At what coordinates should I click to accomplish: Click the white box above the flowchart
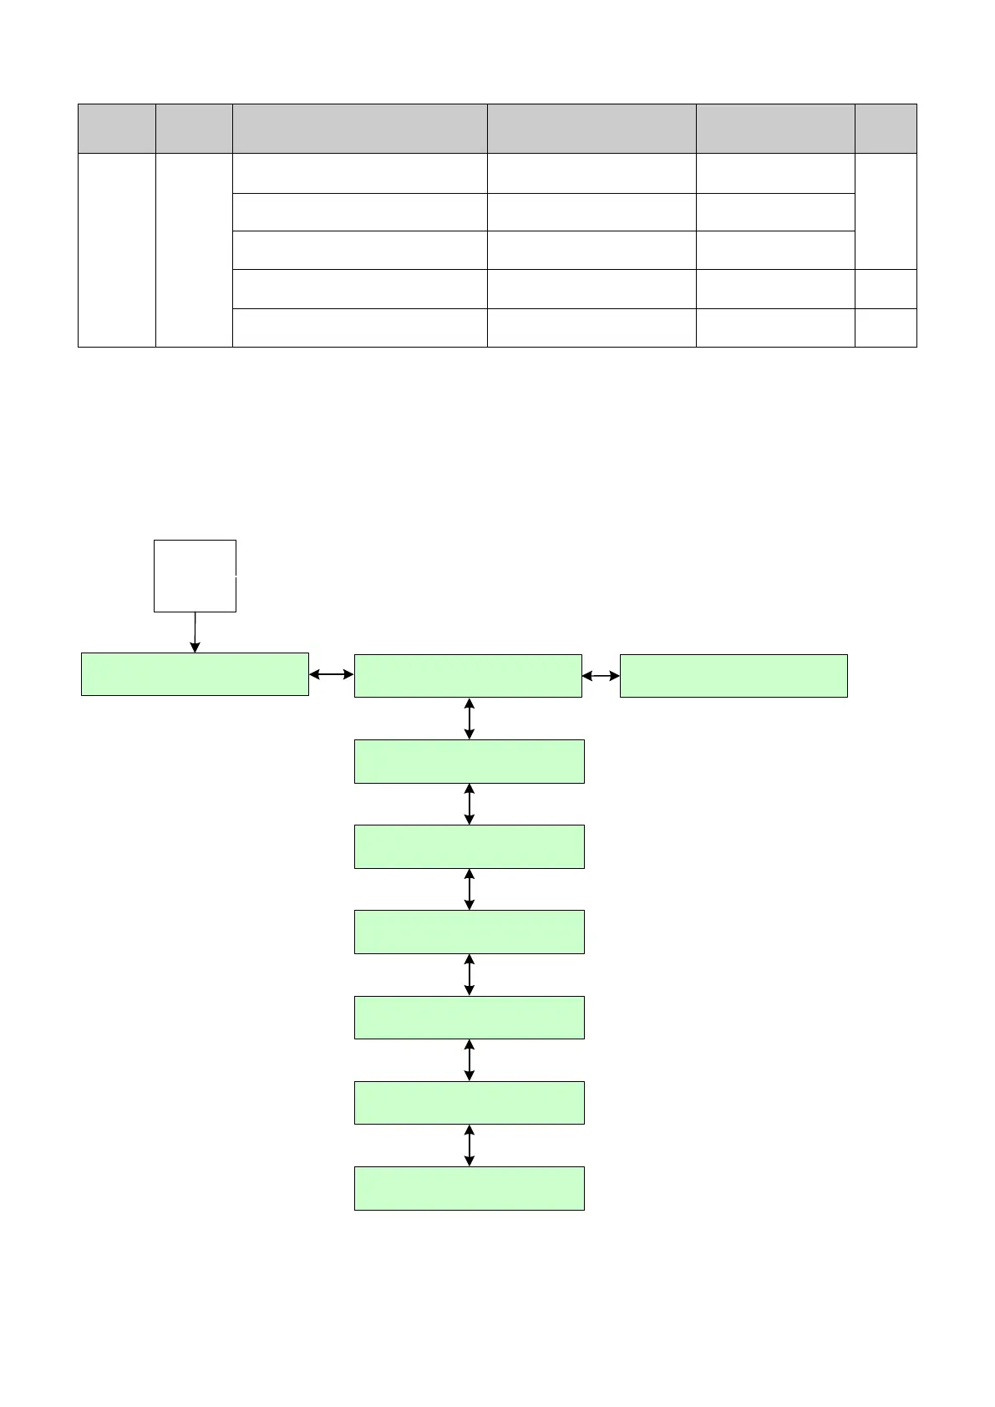pos(195,576)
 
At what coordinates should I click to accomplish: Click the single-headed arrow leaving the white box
pos(195,632)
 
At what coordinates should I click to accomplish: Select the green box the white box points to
pos(195,674)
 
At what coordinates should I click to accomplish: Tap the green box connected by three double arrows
pos(468,676)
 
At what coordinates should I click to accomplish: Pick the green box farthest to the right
pos(734,676)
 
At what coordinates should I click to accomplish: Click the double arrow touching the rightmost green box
pos(601,676)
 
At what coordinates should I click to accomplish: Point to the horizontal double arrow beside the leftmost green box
pos(332,674)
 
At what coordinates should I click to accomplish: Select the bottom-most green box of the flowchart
pos(469,1188)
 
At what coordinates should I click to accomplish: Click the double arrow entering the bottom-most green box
pos(469,1145)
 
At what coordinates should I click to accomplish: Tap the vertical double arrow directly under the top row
pos(469,719)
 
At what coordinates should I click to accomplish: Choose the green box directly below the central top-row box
pos(469,761)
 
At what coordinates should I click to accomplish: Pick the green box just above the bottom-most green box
pos(469,1103)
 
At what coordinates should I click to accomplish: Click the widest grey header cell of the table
pos(359,129)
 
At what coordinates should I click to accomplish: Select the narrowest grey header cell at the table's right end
pos(886,129)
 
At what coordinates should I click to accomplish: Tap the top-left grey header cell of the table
pos(117,129)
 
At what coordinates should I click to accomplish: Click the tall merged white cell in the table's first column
pos(117,250)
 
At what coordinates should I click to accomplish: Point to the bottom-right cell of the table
pos(886,328)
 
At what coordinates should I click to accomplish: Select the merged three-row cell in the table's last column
pos(886,211)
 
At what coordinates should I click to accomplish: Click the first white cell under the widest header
pos(359,173)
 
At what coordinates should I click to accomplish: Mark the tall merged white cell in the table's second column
pos(194,250)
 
